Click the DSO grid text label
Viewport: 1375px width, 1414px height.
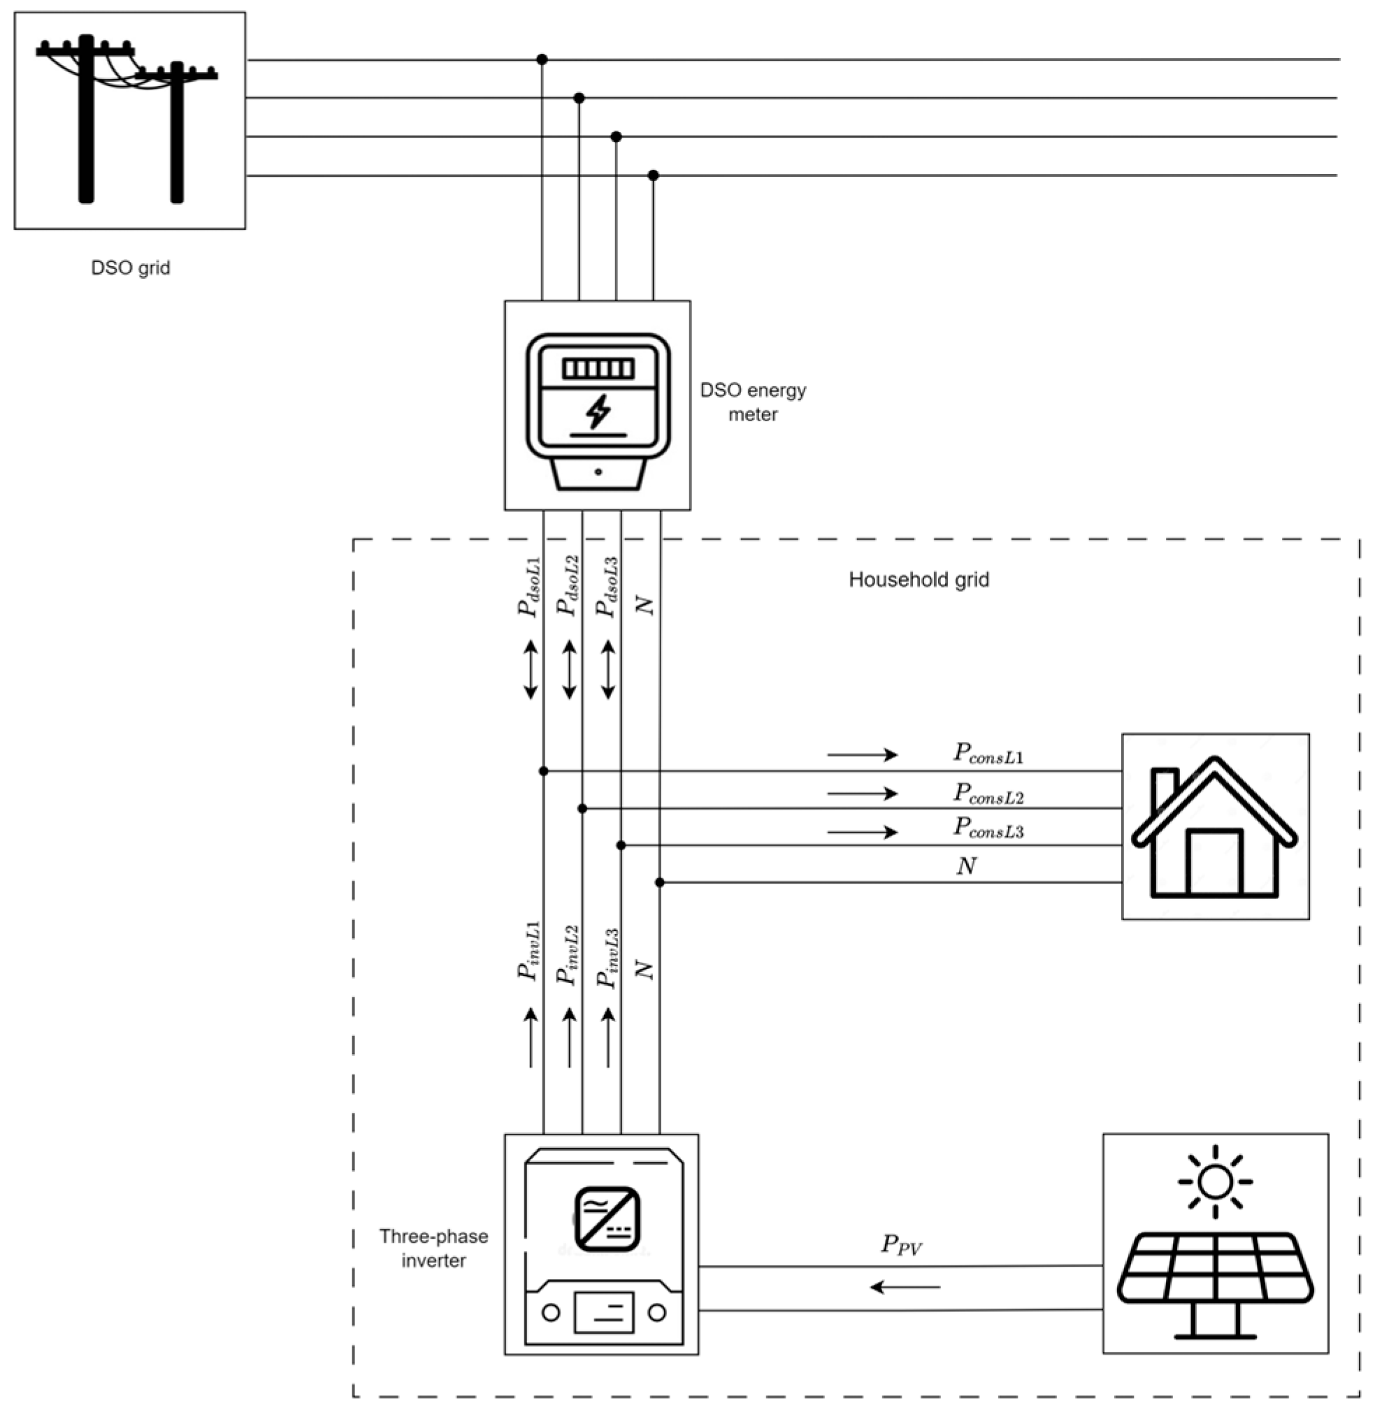pos(131,268)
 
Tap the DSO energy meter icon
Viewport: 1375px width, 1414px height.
pos(598,411)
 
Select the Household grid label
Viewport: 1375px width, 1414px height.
pos(919,580)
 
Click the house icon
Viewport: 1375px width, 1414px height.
pos(1215,827)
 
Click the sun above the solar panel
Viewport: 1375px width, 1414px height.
pos(1216,1182)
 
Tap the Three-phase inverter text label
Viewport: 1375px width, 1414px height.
pos(433,1248)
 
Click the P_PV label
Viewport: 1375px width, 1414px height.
pos(901,1245)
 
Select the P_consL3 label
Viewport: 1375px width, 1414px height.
pos(988,827)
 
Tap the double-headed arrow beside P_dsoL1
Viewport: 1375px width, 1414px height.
pos(531,669)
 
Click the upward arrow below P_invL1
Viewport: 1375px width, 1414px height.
pos(531,1037)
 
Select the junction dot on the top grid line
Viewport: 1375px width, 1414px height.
pos(542,59)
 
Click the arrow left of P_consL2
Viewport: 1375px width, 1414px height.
pos(863,793)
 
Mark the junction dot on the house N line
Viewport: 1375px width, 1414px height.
pos(659,882)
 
